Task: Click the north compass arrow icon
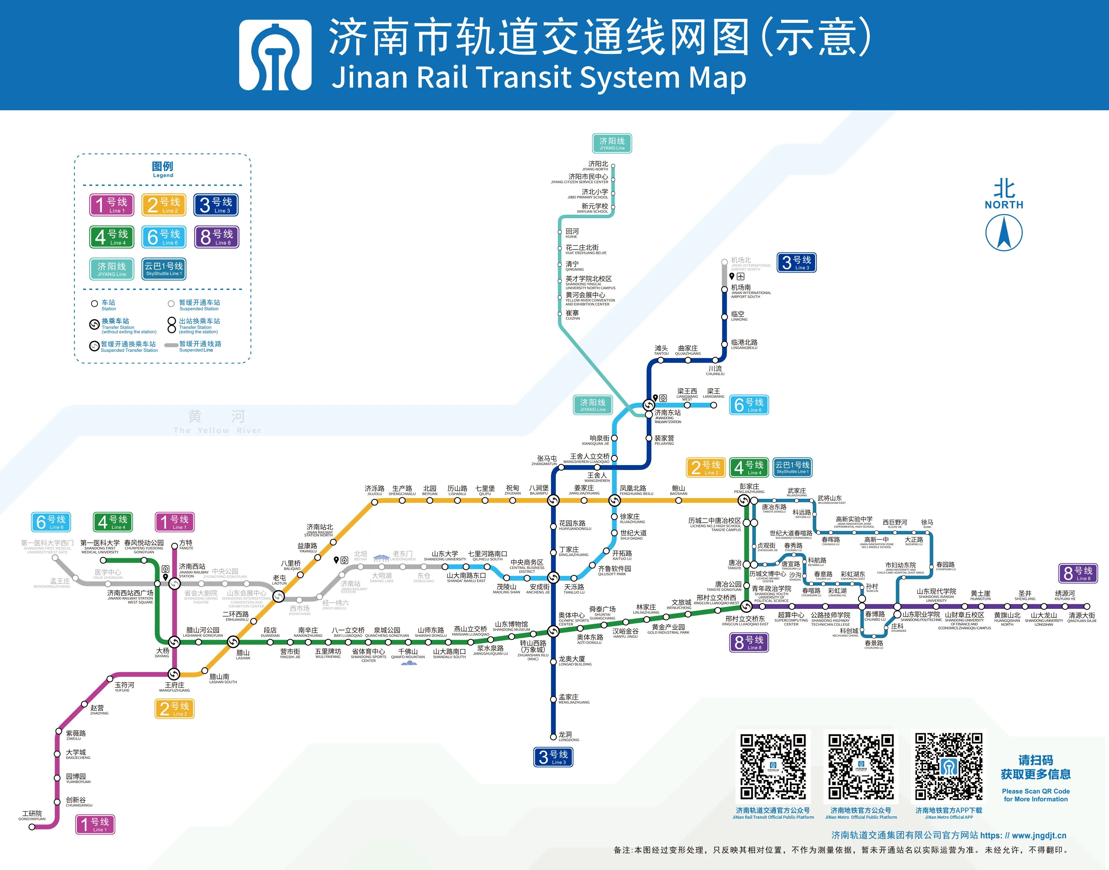(x=1004, y=232)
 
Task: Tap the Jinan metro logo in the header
(x=275, y=55)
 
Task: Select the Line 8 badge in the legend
(x=217, y=237)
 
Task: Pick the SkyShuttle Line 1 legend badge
(x=164, y=268)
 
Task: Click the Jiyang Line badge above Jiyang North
(x=612, y=143)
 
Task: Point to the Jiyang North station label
(x=598, y=166)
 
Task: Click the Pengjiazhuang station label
(x=749, y=488)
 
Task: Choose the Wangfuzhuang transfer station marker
(x=174, y=674)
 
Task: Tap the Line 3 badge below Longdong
(x=553, y=757)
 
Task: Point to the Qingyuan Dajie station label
(x=1082, y=617)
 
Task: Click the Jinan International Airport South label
(x=750, y=290)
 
